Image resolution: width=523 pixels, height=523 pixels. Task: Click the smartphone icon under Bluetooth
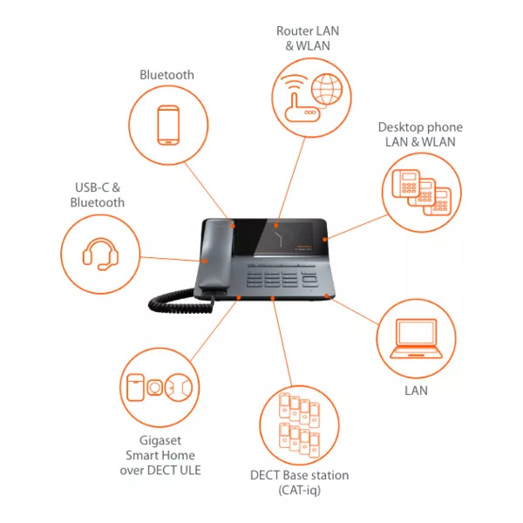168,125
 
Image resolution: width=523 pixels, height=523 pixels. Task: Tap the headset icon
100,254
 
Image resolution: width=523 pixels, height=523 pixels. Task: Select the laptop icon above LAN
416,338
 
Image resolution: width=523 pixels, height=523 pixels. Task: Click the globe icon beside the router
327,89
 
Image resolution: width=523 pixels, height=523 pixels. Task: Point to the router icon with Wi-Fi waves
300,98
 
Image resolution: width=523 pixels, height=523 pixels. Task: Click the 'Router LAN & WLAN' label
308,38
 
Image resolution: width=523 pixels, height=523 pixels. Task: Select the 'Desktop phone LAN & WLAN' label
420,134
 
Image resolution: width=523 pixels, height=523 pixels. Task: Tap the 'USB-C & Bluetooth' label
97,194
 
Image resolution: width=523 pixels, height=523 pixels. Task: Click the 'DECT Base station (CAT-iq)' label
299,482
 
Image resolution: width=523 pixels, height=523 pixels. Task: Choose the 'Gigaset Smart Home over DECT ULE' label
160,455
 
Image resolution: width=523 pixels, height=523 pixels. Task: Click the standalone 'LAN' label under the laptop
416,391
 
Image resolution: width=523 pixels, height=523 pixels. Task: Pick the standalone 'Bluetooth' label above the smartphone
166,75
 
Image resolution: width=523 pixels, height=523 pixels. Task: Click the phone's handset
215,255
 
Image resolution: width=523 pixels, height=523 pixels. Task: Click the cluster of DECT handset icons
299,425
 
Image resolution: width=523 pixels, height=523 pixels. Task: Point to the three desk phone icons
422,193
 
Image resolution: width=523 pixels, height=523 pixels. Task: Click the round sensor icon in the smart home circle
155,387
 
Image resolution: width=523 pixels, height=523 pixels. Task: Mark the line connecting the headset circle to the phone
172,259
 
